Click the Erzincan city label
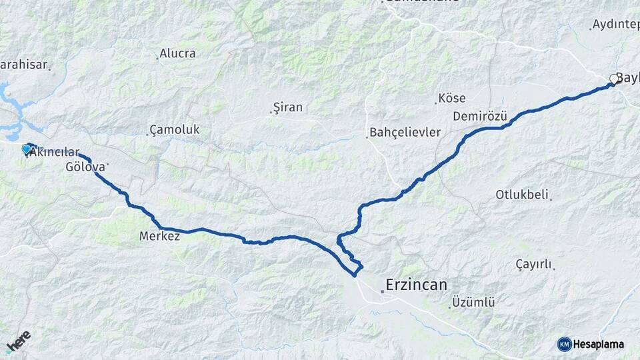pyautogui.click(x=417, y=285)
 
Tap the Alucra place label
pyautogui.click(x=178, y=53)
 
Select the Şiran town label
pyautogui.click(x=289, y=107)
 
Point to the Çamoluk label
pyautogui.click(x=175, y=129)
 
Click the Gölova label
pyautogui.click(x=85, y=166)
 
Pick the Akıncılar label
pyautogui.click(x=56, y=153)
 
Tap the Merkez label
pyautogui.click(x=160, y=236)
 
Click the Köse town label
pyautogui.click(x=453, y=99)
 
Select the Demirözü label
pyautogui.click(x=480, y=117)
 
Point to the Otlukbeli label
pyautogui.click(x=522, y=195)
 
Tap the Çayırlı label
pyautogui.click(x=534, y=265)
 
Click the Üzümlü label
pyautogui.click(x=473, y=302)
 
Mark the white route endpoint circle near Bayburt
pyautogui.click(x=614, y=79)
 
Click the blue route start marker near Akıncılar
pyautogui.click(x=27, y=149)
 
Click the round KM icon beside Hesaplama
pyautogui.click(x=565, y=344)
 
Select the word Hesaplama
pyautogui.click(x=599, y=344)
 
